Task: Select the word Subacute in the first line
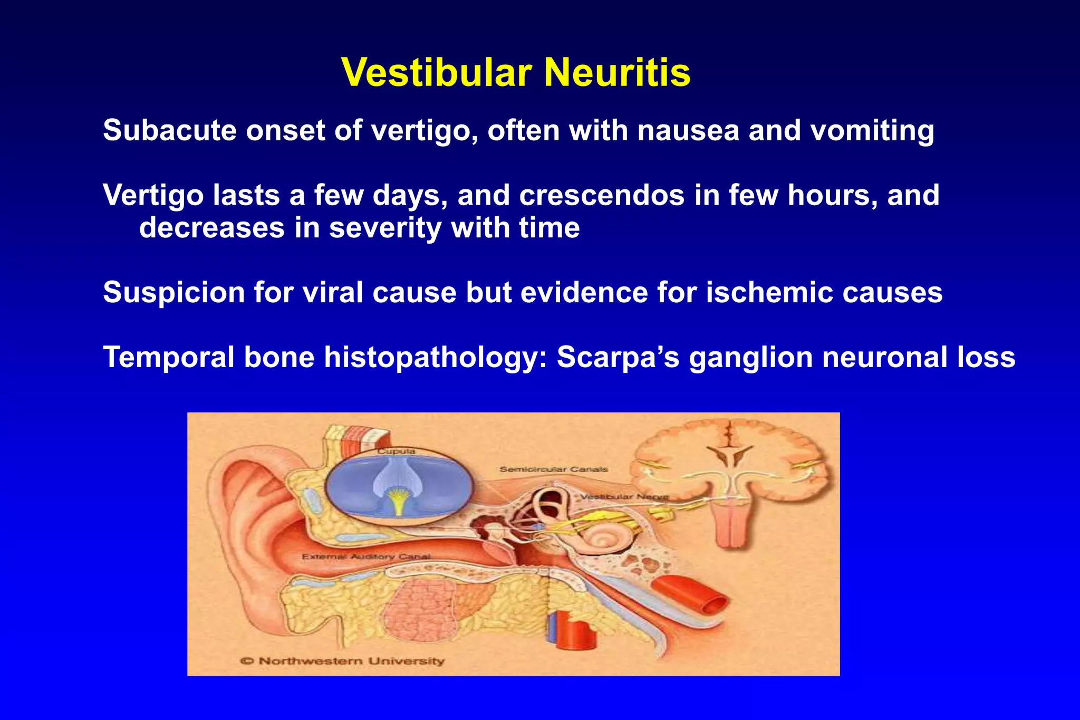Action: coord(170,130)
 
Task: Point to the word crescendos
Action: coord(602,195)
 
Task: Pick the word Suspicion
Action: coord(173,292)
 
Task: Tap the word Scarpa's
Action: coord(618,357)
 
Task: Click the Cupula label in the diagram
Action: coord(396,452)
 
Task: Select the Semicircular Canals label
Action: coord(554,469)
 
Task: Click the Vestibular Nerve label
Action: coord(624,497)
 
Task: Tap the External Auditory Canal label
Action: coord(366,556)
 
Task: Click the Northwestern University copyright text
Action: coord(343,661)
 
